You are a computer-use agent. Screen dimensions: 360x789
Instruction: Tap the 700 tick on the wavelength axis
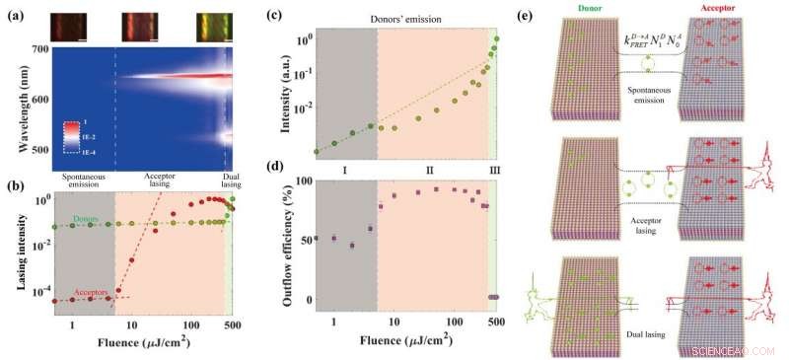(40, 49)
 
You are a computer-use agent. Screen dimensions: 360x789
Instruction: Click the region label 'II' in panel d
(431, 170)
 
